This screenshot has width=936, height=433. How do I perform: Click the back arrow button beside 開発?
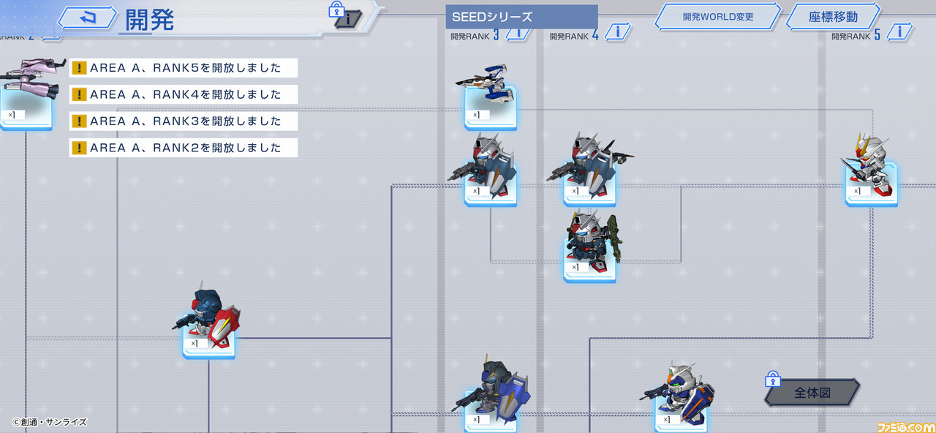coord(87,18)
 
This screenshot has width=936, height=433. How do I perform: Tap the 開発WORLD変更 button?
coord(718,17)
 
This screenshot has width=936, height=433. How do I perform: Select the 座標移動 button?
coord(833,17)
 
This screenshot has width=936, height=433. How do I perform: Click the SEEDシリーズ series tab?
coord(521,17)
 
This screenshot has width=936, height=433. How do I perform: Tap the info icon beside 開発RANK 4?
coord(618,31)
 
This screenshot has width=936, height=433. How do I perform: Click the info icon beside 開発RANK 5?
coord(899,31)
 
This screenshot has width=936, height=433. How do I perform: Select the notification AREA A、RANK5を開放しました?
coord(184,68)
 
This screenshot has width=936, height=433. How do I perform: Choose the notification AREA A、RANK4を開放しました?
coord(184,94)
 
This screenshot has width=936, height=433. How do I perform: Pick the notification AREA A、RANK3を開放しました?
coord(184,121)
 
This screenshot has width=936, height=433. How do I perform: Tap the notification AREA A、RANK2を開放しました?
coord(184,148)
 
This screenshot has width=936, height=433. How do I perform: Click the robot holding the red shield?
coord(207,317)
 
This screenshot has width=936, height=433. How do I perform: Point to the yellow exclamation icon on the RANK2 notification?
coord(79,148)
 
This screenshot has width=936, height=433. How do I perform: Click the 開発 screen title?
coord(149,20)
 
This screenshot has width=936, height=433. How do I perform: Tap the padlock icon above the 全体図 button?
coord(773,379)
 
